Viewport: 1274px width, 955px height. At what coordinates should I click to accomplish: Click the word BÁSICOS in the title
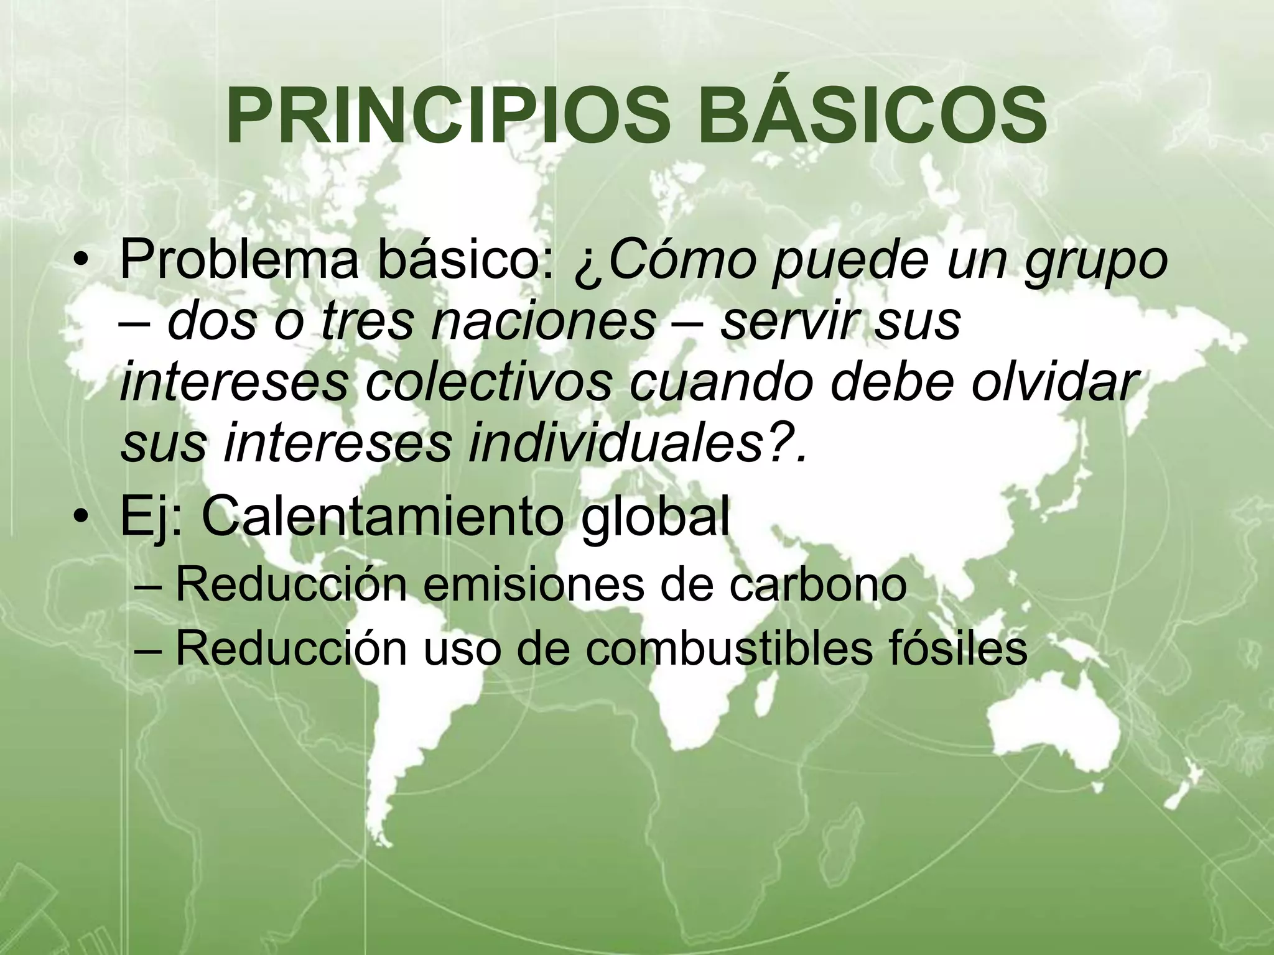point(872,117)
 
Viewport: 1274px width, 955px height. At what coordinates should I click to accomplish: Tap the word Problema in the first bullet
point(239,261)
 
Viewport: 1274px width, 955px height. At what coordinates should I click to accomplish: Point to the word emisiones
point(532,585)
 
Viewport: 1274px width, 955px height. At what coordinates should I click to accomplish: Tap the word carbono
point(818,585)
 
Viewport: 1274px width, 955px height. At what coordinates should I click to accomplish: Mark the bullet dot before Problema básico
point(81,262)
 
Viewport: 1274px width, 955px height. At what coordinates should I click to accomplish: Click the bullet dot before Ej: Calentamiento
point(81,519)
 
